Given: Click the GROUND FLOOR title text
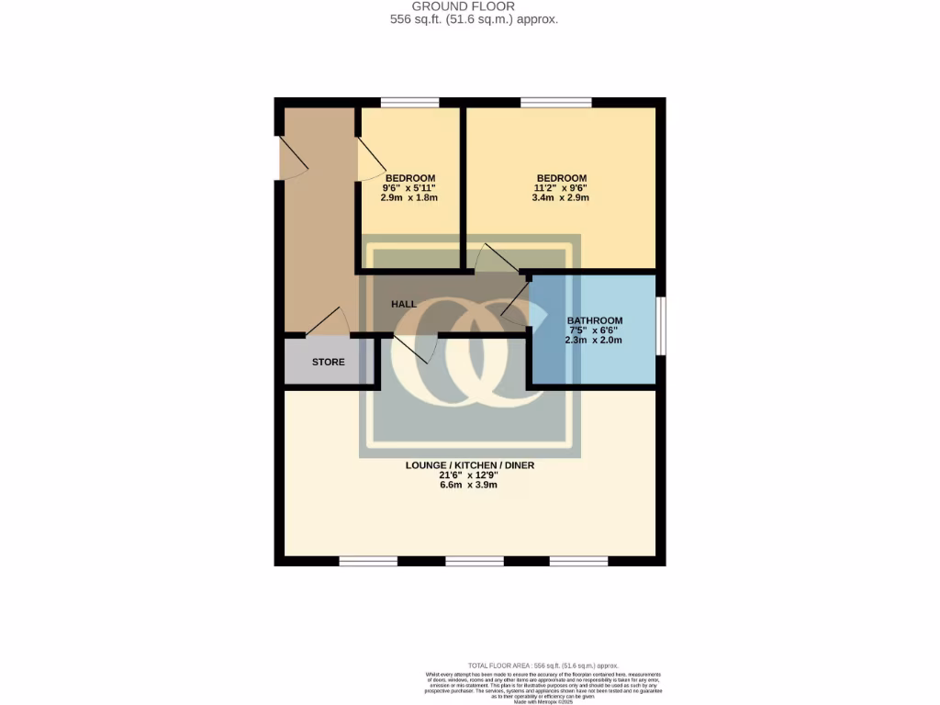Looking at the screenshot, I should pyautogui.click(x=470, y=6).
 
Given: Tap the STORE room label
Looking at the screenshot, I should pyautogui.click(x=328, y=362).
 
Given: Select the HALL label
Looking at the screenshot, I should pyautogui.click(x=404, y=304).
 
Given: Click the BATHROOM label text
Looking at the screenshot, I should pyautogui.click(x=594, y=320).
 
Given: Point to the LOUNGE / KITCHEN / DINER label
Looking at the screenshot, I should pyautogui.click(x=470, y=465).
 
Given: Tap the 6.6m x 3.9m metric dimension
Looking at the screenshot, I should pyautogui.click(x=470, y=486).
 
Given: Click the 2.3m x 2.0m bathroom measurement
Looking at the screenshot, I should pyautogui.click(x=594, y=340).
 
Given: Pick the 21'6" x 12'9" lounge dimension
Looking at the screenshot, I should pyautogui.click(x=470, y=476).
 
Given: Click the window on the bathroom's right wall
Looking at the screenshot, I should pyautogui.click(x=661, y=325).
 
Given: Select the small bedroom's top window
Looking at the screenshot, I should pyautogui.click(x=409, y=102).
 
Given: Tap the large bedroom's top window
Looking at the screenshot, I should pyautogui.click(x=549, y=102).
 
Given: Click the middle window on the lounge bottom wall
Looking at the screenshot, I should pyautogui.click(x=475, y=561).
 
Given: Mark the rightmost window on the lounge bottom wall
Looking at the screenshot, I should pyautogui.click(x=578, y=561).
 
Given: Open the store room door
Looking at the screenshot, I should pyautogui.click(x=326, y=323).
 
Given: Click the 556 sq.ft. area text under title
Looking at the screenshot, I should pyautogui.click(x=470, y=19).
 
